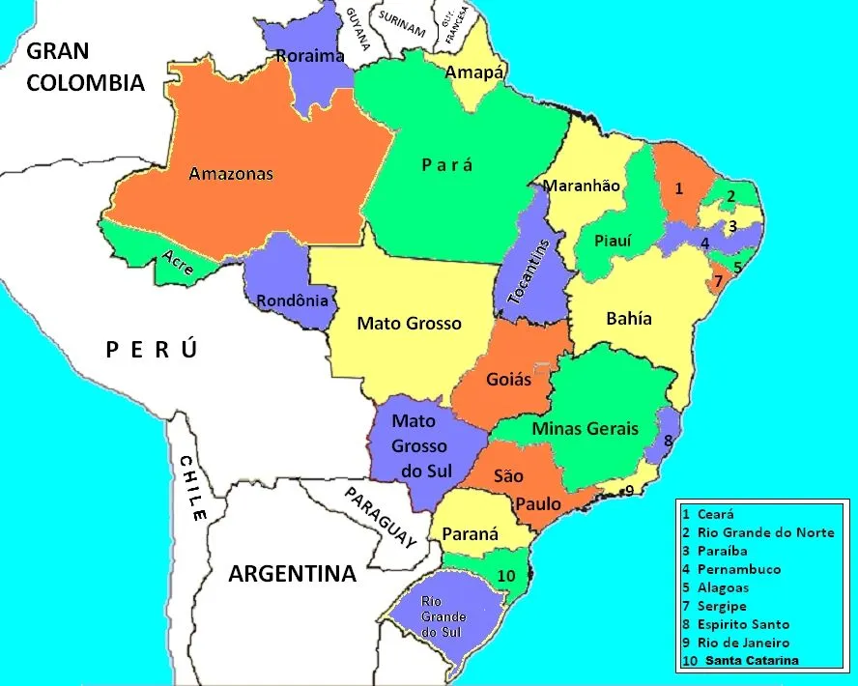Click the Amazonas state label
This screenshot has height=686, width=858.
pyautogui.click(x=231, y=174)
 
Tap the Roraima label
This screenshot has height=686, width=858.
pyautogui.click(x=310, y=56)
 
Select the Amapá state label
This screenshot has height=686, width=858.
pyautogui.click(x=474, y=72)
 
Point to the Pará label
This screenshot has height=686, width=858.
pyautogui.click(x=447, y=165)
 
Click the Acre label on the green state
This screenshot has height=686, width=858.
pyautogui.click(x=177, y=262)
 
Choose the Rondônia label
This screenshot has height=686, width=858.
pyautogui.click(x=292, y=300)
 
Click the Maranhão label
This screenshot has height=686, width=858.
pyautogui.click(x=582, y=186)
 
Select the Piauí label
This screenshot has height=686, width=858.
pyautogui.click(x=613, y=241)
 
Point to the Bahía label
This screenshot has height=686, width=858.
pyautogui.click(x=629, y=318)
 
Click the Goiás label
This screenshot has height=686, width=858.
pyautogui.click(x=508, y=379)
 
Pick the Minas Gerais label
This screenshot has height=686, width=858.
pyautogui.click(x=586, y=428)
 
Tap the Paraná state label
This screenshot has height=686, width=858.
pyautogui.click(x=471, y=533)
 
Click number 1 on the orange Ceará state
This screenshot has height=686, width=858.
pyautogui.click(x=679, y=188)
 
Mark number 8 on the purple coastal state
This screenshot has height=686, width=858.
pyautogui.click(x=668, y=441)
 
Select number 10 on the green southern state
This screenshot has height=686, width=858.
pyautogui.click(x=506, y=576)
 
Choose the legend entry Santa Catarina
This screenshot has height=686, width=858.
pyautogui.click(x=752, y=661)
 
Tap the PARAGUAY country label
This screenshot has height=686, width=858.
pyautogui.click(x=381, y=518)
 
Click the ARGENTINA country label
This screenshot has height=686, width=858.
pyautogui.click(x=292, y=574)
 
